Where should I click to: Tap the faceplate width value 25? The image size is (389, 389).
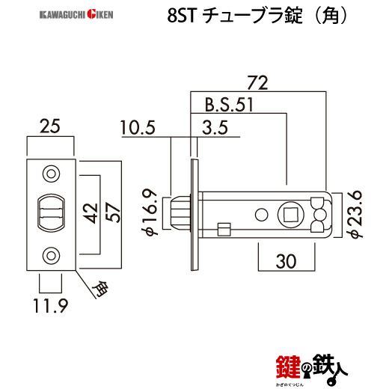50,128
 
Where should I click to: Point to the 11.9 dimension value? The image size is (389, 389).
49,304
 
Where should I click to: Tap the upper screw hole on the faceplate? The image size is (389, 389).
50,174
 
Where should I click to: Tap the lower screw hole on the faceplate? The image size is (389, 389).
50,255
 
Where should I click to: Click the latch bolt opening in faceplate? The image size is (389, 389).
50,213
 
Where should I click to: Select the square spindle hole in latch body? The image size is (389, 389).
290,214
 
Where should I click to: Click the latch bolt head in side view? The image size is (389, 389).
179,214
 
